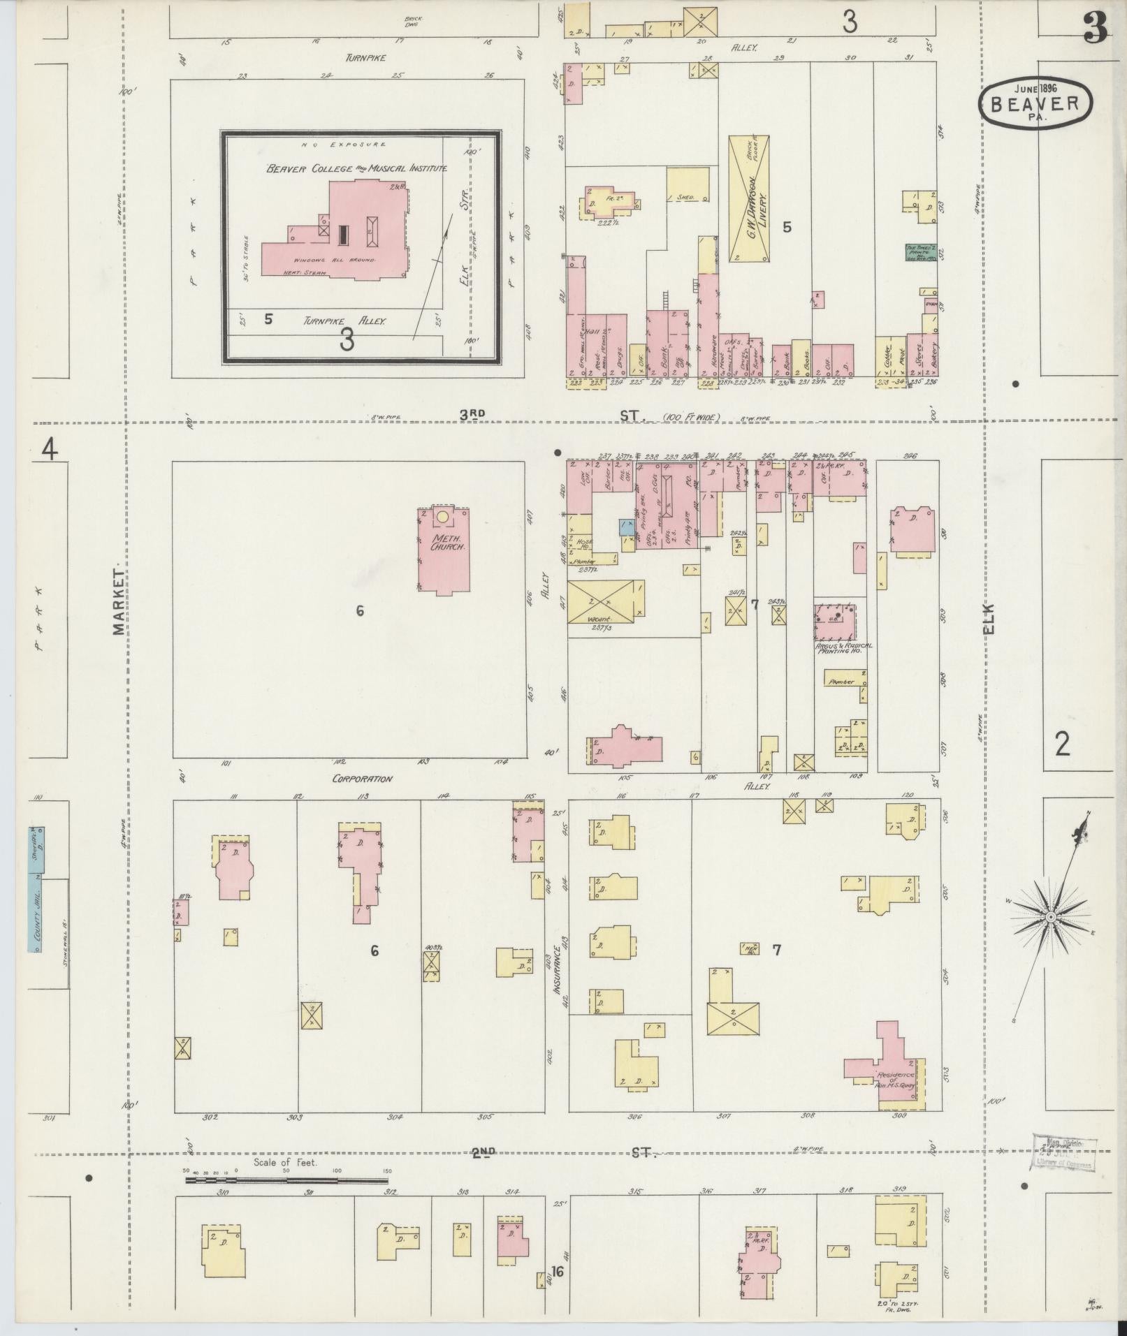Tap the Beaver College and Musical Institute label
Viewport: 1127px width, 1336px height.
[356, 168]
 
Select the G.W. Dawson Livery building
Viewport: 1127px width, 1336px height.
[748, 198]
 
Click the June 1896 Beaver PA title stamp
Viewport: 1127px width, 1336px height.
[1033, 103]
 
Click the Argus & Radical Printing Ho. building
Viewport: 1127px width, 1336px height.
[836, 621]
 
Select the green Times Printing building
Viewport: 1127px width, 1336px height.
[919, 253]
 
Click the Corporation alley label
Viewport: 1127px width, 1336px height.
[362, 779]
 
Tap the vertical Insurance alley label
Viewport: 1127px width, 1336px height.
[557, 970]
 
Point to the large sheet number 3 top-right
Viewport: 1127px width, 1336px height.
[1094, 30]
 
